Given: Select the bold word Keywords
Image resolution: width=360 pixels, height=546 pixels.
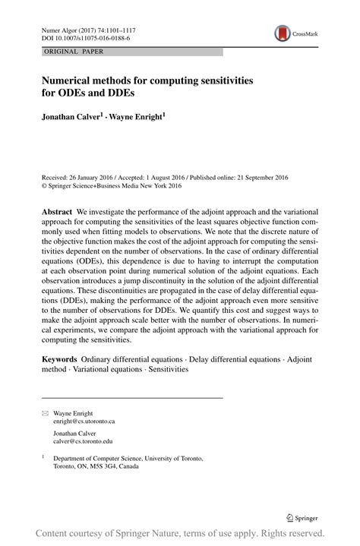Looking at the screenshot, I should point(59,357).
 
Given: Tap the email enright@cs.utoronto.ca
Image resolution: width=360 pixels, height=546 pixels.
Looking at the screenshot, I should point(84,420).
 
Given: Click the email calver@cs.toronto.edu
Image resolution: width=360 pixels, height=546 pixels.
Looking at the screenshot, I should point(82,440).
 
